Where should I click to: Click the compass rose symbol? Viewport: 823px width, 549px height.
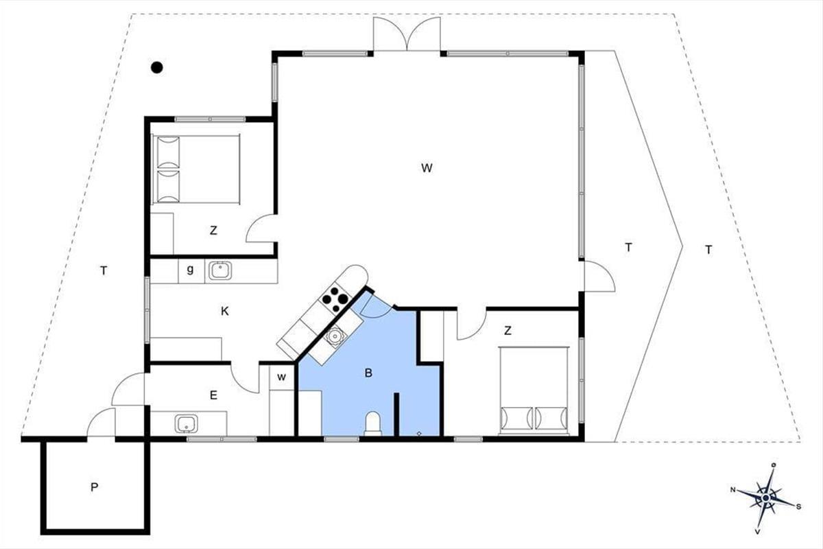click(x=765, y=498)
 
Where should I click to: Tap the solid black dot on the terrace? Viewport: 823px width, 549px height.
click(x=157, y=67)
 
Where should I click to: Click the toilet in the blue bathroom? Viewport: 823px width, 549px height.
click(x=373, y=423)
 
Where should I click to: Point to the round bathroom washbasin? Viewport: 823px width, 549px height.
click(x=335, y=336)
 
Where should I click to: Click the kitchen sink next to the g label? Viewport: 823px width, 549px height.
click(x=220, y=270)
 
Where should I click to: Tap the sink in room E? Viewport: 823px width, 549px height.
click(x=187, y=423)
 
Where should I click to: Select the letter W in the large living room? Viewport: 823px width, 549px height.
click(x=427, y=168)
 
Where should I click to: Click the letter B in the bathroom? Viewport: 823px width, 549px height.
click(x=368, y=373)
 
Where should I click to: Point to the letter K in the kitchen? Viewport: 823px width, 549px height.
click(x=225, y=312)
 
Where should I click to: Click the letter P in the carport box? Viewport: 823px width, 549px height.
click(x=95, y=488)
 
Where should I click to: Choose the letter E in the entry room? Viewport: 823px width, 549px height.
click(x=213, y=396)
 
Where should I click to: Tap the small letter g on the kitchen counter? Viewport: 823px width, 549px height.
click(x=190, y=270)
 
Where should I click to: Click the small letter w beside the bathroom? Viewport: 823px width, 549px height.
click(x=281, y=377)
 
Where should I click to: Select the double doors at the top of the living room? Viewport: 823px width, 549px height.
click(x=407, y=34)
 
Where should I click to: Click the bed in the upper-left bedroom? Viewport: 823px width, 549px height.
click(x=196, y=169)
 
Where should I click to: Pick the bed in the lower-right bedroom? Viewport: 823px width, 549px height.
click(x=534, y=391)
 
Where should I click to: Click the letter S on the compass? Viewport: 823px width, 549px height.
click(x=798, y=507)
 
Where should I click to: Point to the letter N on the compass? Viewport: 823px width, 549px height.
click(x=732, y=490)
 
